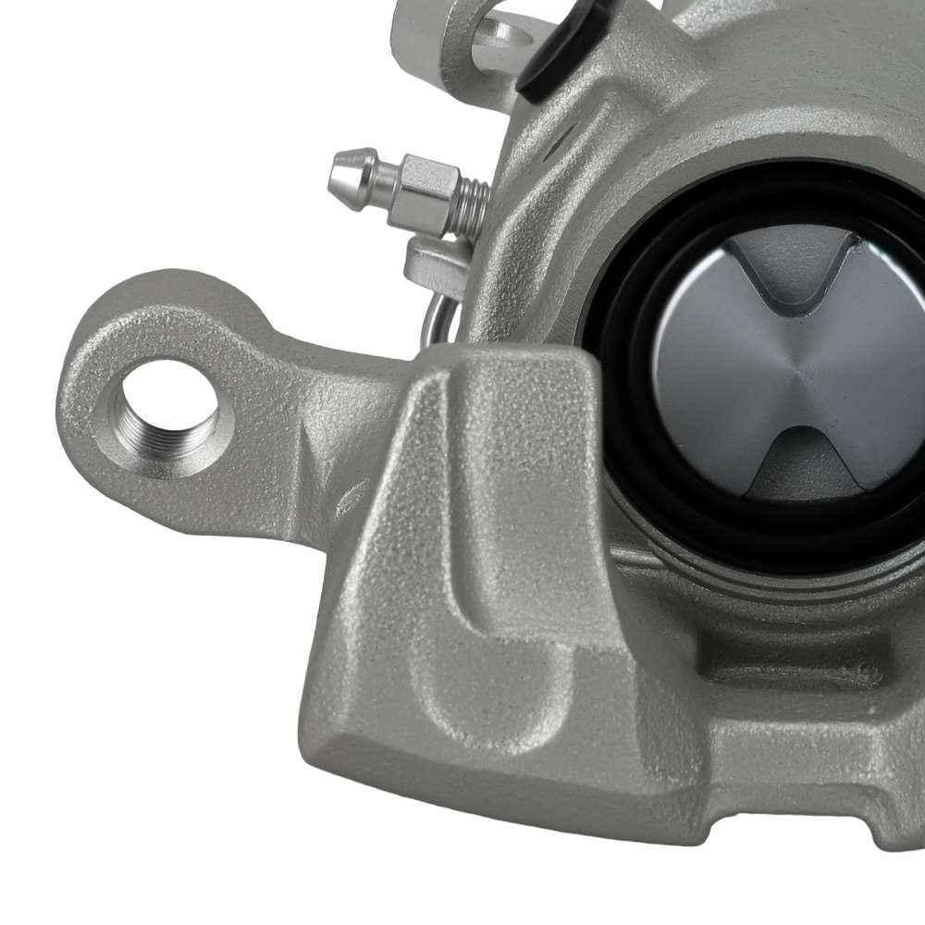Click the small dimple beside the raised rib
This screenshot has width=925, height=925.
pyautogui.click(x=351, y=499)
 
